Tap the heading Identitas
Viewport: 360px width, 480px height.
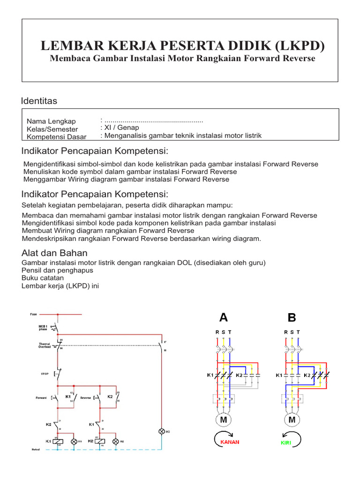tap(39, 101)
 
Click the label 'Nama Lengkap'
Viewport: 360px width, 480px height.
tap(51, 121)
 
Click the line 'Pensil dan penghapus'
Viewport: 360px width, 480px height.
tap(58, 270)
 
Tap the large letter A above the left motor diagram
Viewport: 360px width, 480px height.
tap(224, 318)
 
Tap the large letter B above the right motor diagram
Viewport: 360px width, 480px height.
tap(292, 318)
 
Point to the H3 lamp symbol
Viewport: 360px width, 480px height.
tap(162, 431)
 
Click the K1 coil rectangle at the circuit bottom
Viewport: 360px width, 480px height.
tap(58, 442)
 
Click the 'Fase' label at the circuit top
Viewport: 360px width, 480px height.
tap(33, 314)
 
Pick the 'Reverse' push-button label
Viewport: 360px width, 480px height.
tap(85, 398)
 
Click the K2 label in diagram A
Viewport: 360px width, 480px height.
tap(239, 375)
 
